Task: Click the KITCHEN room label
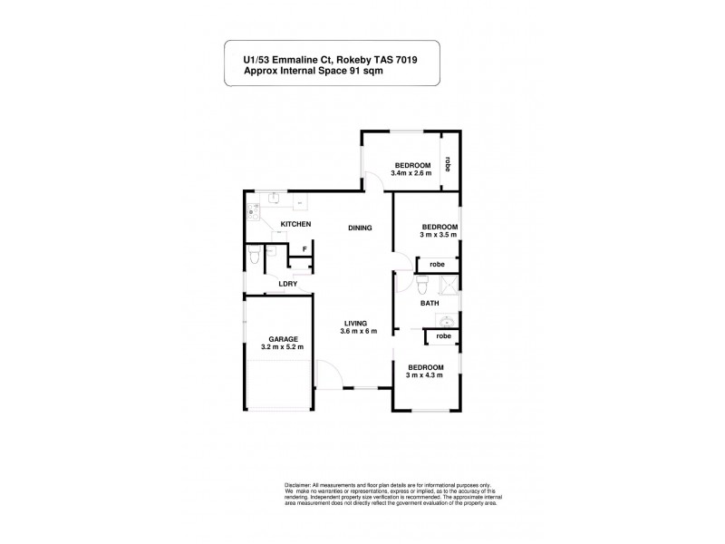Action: [295, 224]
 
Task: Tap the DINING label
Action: [360, 228]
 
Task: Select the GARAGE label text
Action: [281, 338]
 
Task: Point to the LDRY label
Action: [289, 284]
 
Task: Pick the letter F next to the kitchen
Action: [304, 248]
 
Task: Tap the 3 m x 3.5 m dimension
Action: [439, 235]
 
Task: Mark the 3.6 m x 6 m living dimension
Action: [359, 332]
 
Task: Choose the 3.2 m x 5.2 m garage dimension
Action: [281, 347]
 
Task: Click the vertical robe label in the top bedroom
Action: [448, 165]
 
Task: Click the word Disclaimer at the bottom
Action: [298, 485]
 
